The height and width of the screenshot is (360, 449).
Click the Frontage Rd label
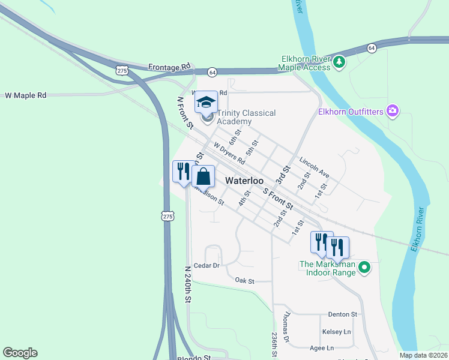pyautogui.click(x=169, y=66)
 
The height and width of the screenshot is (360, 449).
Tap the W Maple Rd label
pyautogui.click(x=25, y=95)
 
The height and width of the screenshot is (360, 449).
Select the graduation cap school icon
pyautogui.click(x=206, y=102)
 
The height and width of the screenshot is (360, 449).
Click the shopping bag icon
pyautogui.click(x=203, y=176)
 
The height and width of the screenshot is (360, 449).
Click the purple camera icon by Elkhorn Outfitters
pyautogui.click(x=393, y=110)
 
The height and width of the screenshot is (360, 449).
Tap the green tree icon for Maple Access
pyautogui.click(x=339, y=61)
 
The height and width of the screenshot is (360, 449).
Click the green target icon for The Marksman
pyautogui.click(x=364, y=268)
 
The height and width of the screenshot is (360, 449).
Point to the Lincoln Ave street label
pyautogui.click(x=315, y=167)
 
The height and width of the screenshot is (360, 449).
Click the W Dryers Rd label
pyautogui.click(x=229, y=153)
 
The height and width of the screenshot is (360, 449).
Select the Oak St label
pyautogui.click(x=244, y=281)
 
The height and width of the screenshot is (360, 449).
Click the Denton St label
pyautogui.click(x=343, y=314)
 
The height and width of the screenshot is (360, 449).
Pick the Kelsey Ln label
pyautogui.click(x=336, y=332)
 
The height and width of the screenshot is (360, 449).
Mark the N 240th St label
pyautogui.click(x=188, y=284)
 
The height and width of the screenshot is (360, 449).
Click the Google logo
pyautogui.click(x=20, y=353)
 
